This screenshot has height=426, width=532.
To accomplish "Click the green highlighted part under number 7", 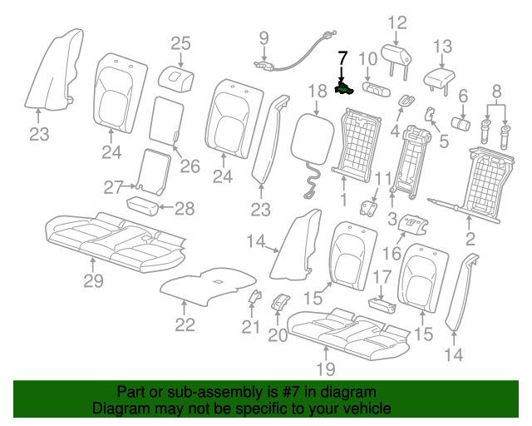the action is (344, 88).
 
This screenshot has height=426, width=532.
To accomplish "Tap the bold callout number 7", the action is (342, 58).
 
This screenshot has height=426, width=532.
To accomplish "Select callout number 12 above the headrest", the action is (397, 22).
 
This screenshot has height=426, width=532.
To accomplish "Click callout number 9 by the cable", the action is (264, 38).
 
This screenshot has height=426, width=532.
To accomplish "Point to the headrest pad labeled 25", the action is (176, 79).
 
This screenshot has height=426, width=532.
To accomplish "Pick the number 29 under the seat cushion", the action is (94, 281).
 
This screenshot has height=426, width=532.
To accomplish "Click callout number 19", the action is (326, 369).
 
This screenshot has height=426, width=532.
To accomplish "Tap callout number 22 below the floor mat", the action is (185, 324).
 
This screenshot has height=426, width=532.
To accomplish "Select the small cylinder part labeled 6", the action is (461, 123).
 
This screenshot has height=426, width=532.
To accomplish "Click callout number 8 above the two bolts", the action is (497, 91).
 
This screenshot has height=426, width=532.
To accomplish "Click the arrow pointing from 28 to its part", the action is (166, 206).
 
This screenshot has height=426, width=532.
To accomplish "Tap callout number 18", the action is (317, 92).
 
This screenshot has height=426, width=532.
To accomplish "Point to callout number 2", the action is (470, 239).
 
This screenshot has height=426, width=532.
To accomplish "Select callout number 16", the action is (392, 254).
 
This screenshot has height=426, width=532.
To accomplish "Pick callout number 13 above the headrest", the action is (443, 47).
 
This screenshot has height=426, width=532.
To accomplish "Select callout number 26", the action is (190, 166).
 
